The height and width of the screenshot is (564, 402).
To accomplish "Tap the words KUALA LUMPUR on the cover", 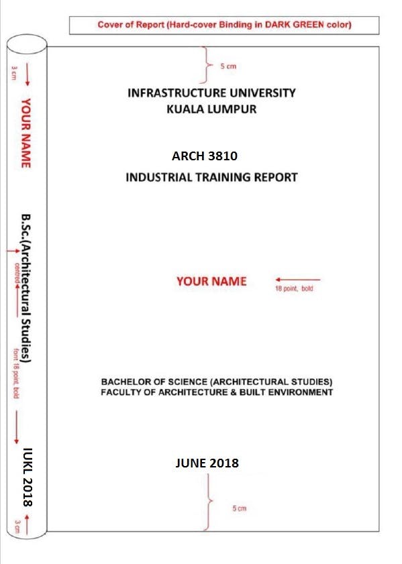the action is [211, 109].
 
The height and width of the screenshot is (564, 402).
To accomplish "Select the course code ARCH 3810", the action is [205, 156].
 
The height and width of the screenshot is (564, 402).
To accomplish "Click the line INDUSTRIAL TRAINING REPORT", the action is [211, 178].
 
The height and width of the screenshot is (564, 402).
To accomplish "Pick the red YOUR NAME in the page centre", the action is [211, 282].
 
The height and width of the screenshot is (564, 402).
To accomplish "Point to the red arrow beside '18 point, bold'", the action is [297, 279].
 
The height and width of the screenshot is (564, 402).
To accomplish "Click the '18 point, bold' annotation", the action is [294, 290].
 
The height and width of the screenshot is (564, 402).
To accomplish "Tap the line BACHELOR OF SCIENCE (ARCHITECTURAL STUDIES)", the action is [216, 382].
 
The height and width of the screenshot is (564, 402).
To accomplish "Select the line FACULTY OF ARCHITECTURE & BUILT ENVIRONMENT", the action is [216, 392].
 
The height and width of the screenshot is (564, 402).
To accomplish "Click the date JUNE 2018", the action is [207, 463].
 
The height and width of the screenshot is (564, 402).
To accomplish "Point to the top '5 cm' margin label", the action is [228, 66].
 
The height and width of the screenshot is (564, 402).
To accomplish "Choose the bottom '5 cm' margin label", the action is [239, 508].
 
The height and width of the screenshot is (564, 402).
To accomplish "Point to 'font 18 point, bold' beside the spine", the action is [15, 373].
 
